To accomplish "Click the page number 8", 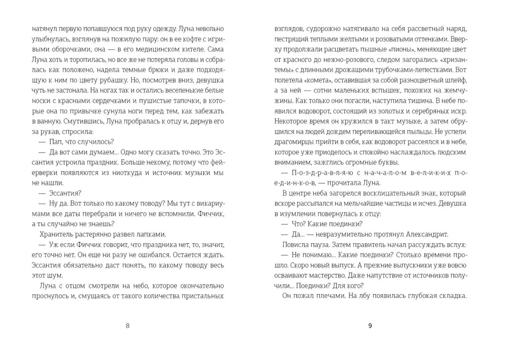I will (127, 325).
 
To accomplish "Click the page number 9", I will (370, 325).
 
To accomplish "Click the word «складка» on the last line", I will (450, 296).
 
